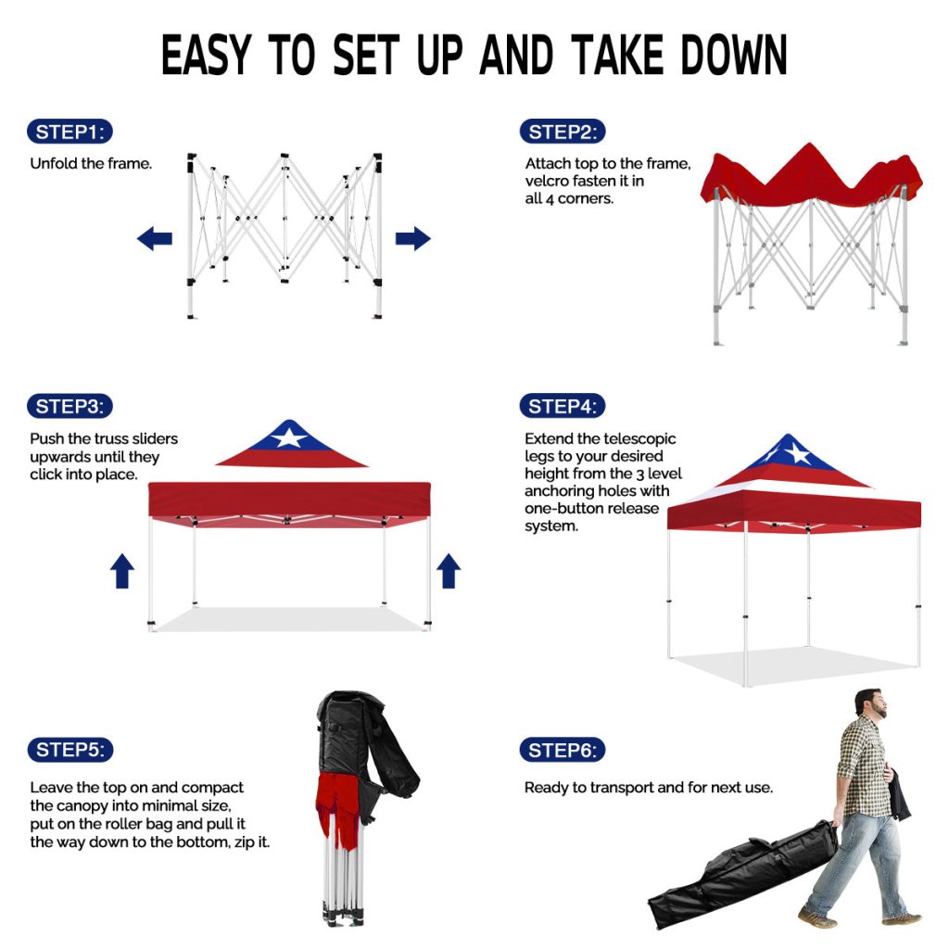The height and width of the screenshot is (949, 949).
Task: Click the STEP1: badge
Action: pos(70,132)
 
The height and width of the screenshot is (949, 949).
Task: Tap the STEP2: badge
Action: pos(563,132)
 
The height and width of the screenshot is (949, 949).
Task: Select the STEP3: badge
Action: pos(70,406)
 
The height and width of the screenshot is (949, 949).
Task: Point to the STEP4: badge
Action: pos(563,406)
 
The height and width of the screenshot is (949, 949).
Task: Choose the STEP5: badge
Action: pos(70,750)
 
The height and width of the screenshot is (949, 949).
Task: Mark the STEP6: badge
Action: pos(563,751)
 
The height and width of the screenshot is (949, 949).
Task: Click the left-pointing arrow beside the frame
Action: pos(155,238)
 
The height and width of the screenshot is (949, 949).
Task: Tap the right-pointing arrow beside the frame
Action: pos(412,238)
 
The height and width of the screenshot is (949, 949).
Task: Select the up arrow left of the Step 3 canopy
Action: pos(122,571)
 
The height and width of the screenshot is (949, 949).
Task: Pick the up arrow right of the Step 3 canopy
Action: pos(449,571)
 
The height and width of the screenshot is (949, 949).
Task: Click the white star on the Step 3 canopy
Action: pos(289,437)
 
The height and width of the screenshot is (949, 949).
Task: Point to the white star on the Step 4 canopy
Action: pos(798,453)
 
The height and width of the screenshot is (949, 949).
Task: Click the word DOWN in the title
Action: pos(734,55)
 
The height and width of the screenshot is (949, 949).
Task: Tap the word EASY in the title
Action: pos(206,55)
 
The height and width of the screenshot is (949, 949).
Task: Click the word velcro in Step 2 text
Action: pos(547,181)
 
